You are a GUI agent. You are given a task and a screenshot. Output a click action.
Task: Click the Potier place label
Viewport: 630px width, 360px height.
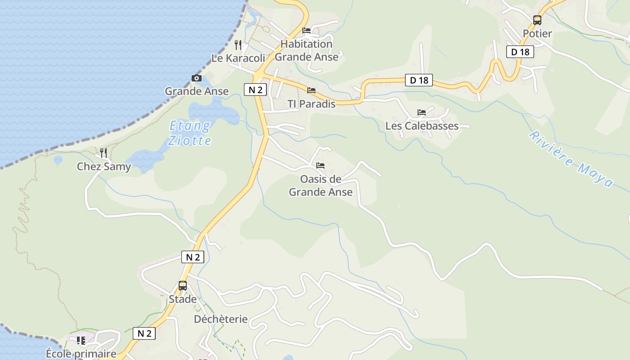click(537, 33)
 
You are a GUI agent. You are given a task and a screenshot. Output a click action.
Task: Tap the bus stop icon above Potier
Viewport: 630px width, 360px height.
click(537, 20)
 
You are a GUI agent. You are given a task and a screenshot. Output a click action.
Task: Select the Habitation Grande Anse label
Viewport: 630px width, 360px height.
click(306, 50)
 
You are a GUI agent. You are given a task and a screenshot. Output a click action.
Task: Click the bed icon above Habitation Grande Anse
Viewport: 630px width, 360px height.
click(306, 31)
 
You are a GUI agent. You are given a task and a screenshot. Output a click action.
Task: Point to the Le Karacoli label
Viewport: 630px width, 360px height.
click(238, 58)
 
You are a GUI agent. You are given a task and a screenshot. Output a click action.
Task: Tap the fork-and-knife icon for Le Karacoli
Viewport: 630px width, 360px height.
click(238, 45)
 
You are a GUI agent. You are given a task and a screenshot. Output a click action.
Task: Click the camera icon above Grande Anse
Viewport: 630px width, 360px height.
click(197, 78)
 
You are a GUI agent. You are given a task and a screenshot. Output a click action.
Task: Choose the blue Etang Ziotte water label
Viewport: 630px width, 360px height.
click(189, 133)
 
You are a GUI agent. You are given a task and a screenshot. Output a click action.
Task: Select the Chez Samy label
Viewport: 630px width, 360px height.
click(104, 166)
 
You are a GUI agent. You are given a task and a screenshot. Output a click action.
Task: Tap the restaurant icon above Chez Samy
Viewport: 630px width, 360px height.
click(103, 153)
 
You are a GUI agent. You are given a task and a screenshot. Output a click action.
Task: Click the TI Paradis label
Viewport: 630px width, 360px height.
click(311, 104)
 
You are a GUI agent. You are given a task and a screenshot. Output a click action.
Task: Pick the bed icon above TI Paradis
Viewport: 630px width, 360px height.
click(311, 90)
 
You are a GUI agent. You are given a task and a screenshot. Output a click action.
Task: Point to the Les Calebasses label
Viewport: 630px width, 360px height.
click(422, 126)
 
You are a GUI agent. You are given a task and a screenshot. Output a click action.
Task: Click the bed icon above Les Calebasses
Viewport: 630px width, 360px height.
click(421, 112)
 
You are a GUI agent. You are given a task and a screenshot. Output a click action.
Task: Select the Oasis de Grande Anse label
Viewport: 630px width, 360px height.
click(320, 185)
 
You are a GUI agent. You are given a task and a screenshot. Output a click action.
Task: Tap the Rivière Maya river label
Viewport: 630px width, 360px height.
click(571, 158)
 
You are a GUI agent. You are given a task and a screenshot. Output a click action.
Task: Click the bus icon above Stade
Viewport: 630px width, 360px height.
click(183, 286)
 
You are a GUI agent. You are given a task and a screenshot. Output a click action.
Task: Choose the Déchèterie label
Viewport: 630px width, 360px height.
click(220, 319)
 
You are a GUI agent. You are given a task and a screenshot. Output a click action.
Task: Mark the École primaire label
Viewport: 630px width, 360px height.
click(81, 354)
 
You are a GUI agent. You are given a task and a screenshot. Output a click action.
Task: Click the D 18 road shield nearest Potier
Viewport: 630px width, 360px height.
click(520, 52)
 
